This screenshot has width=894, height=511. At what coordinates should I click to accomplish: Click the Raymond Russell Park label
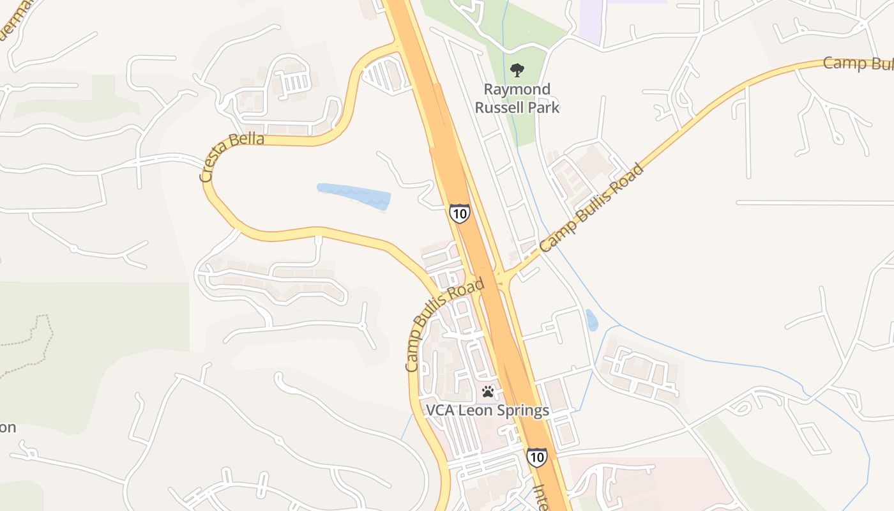pyautogui.click(x=517, y=98)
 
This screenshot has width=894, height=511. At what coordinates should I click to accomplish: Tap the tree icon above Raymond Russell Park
pyautogui.click(x=517, y=70)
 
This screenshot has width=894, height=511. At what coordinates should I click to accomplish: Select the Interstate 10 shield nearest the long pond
pyautogui.click(x=459, y=213)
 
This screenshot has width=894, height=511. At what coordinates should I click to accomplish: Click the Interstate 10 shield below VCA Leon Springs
pyautogui.click(x=536, y=457)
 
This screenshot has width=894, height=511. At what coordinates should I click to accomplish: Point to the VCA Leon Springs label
pyautogui.click(x=488, y=410)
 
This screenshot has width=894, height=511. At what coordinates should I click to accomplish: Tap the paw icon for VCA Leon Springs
pyautogui.click(x=489, y=391)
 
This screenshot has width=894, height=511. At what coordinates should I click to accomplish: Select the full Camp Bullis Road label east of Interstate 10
pyautogui.click(x=591, y=208)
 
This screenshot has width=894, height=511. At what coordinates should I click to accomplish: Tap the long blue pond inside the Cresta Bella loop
pyautogui.click(x=354, y=196)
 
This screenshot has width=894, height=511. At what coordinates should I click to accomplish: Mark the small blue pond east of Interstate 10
pyautogui.click(x=592, y=320)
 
